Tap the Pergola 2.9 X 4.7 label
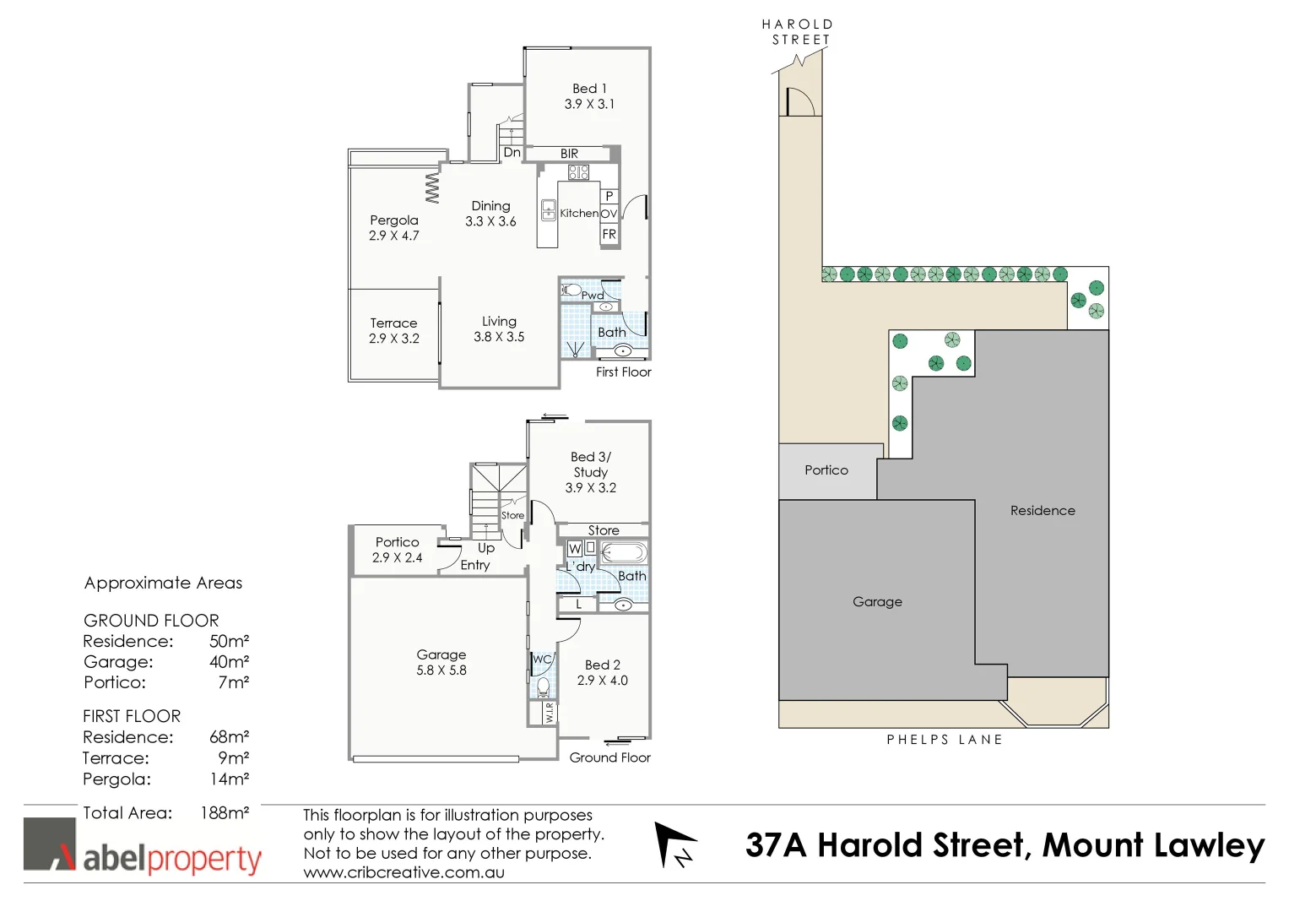[393, 228]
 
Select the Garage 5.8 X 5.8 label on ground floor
[441, 662]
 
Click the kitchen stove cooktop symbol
[578, 172]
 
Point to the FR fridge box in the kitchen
[609, 235]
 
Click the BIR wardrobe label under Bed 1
[569, 154]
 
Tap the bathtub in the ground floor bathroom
[624, 553]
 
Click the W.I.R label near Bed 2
[549, 712]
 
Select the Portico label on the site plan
[826, 470]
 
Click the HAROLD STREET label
[798, 32]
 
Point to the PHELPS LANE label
[945, 740]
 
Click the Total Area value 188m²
[225, 813]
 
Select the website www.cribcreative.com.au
[403, 873]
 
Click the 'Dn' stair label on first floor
[512, 153]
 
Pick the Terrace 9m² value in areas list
[234, 758]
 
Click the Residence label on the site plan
[1043, 511]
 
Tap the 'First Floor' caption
[623, 372]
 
